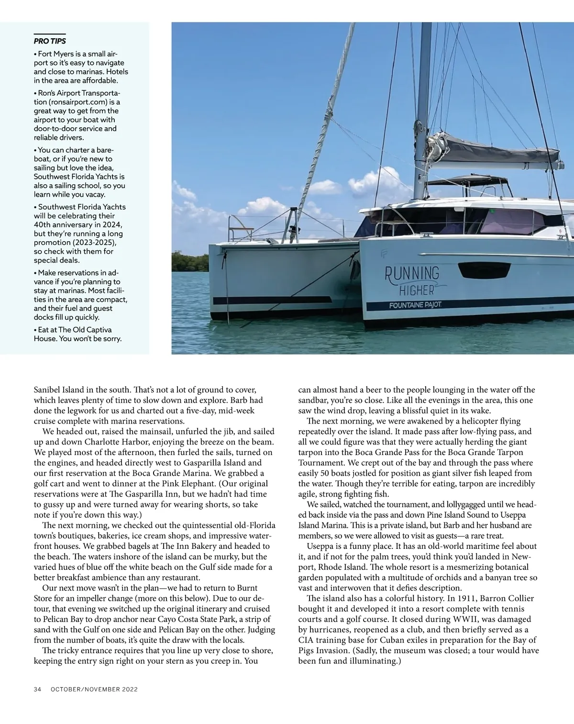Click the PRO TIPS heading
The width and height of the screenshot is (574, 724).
click(50, 41)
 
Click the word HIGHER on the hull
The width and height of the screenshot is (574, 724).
click(417, 290)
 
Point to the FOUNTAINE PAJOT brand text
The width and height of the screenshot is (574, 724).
click(415, 305)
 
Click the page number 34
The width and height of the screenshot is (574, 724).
click(38, 690)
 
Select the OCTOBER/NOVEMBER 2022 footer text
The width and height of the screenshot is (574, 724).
click(94, 690)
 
